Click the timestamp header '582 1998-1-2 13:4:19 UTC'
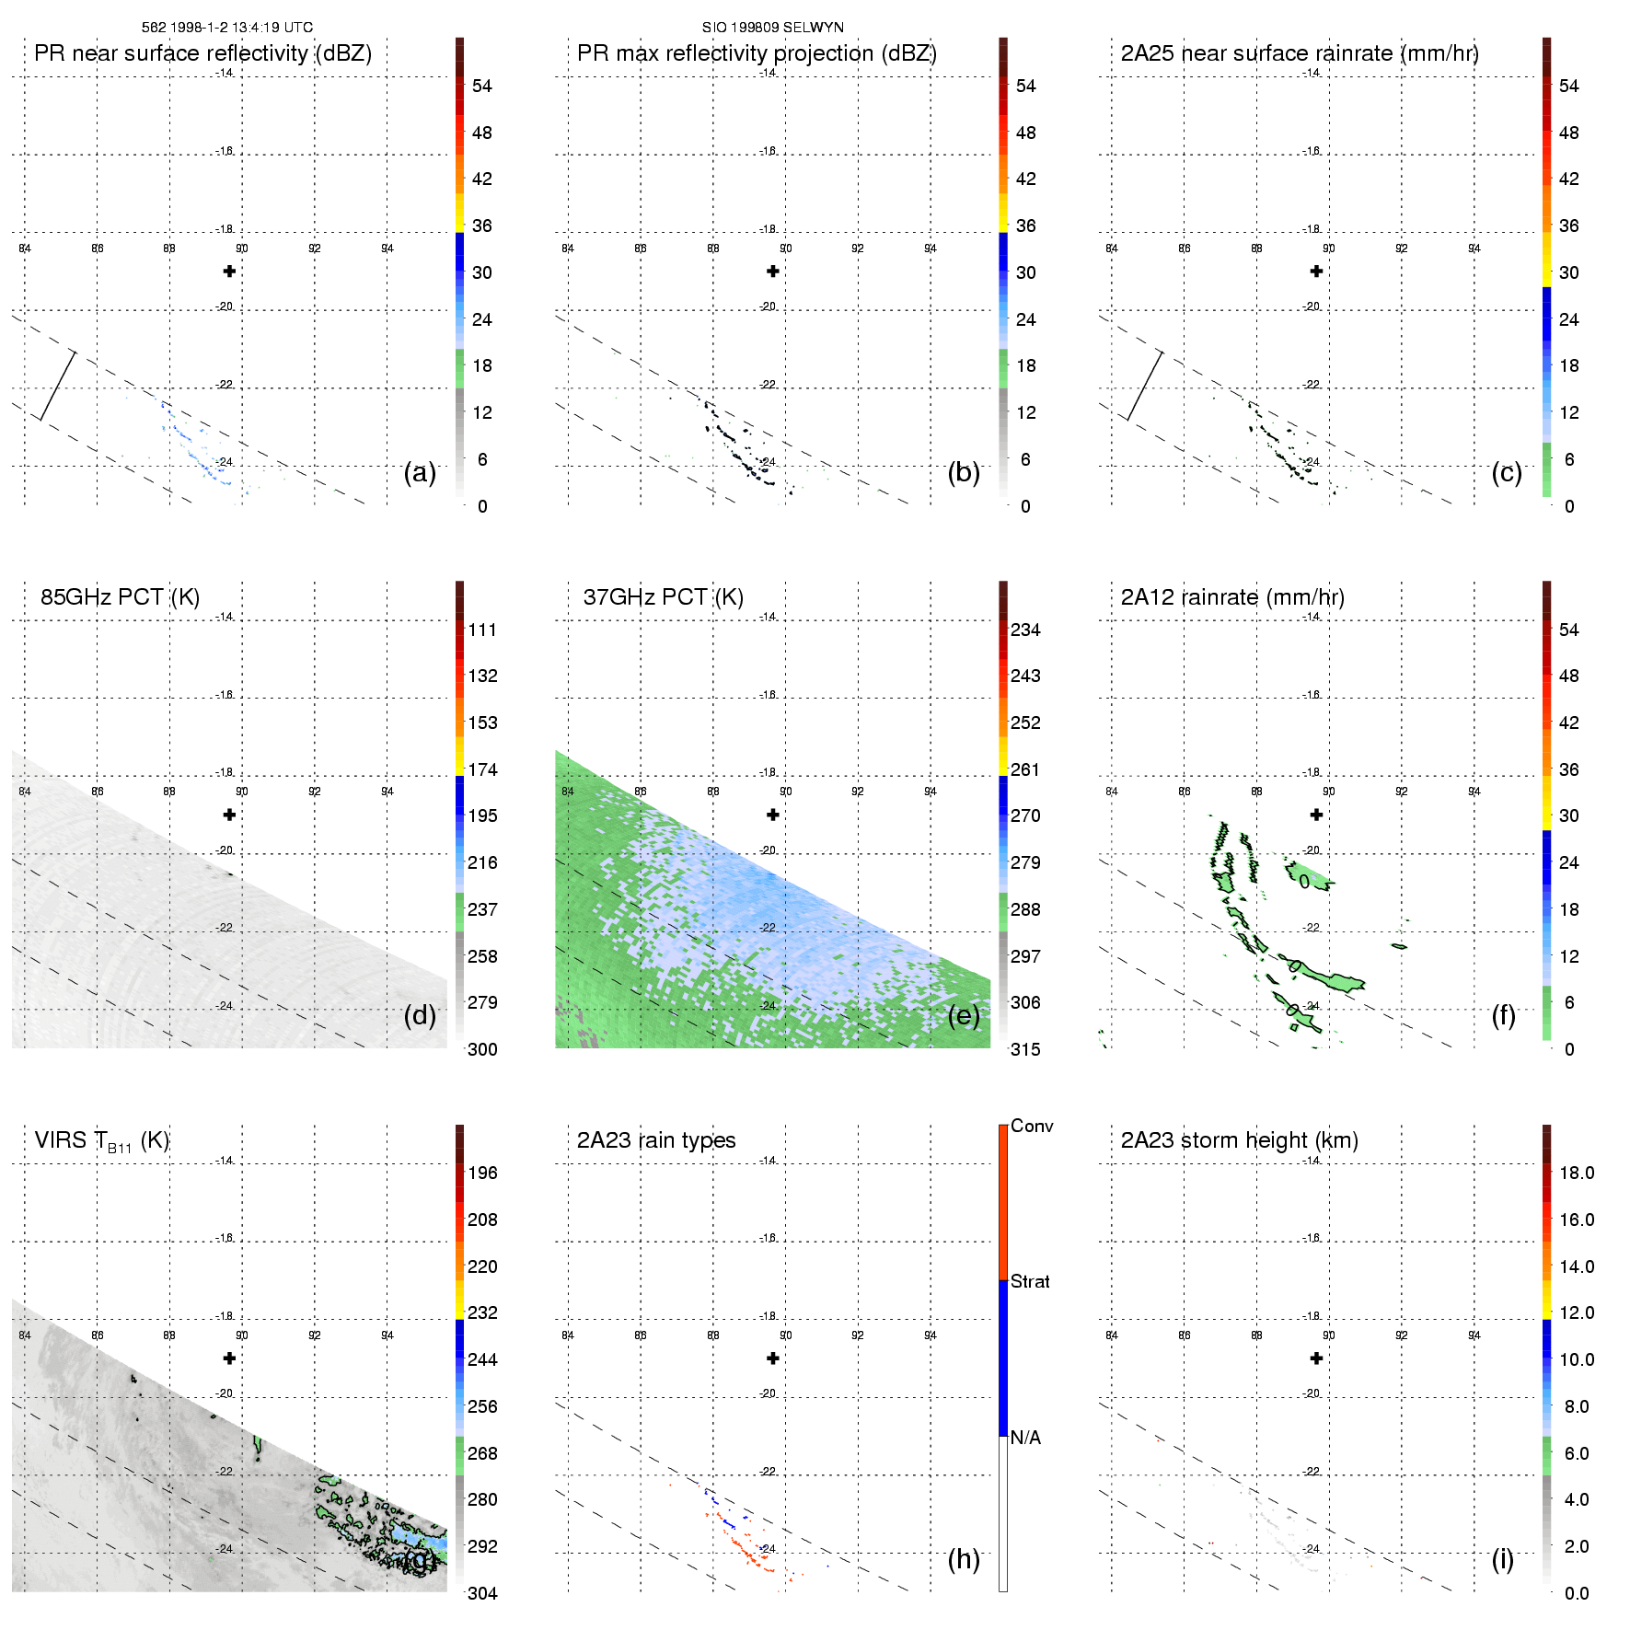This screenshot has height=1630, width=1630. [226, 28]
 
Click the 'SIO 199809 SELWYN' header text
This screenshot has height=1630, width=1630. [772, 28]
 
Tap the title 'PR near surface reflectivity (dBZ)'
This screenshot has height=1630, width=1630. [202, 53]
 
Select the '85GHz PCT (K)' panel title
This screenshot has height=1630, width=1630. [120, 597]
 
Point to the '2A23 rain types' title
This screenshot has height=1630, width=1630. [656, 1140]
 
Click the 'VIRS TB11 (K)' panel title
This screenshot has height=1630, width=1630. [101, 1141]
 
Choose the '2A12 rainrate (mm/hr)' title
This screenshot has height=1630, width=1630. [1232, 597]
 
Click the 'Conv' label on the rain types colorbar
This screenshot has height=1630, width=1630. [1032, 1127]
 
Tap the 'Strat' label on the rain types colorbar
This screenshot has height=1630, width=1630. [1030, 1282]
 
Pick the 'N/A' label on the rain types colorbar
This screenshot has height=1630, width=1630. [1025, 1438]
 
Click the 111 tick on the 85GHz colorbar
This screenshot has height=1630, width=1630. [482, 630]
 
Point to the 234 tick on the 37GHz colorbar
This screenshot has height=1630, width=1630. [1025, 630]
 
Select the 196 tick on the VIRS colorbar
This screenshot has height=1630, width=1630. [482, 1173]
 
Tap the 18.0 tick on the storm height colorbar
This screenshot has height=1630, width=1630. [1576, 1173]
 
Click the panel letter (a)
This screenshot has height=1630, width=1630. [420, 472]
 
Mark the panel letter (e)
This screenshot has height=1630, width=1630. [964, 1015]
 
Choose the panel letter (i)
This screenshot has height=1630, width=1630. [1502, 1559]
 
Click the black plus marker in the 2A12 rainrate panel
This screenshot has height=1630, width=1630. [1316, 815]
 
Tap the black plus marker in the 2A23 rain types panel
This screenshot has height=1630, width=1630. [773, 1358]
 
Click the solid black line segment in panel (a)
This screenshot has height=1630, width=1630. [57, 386]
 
